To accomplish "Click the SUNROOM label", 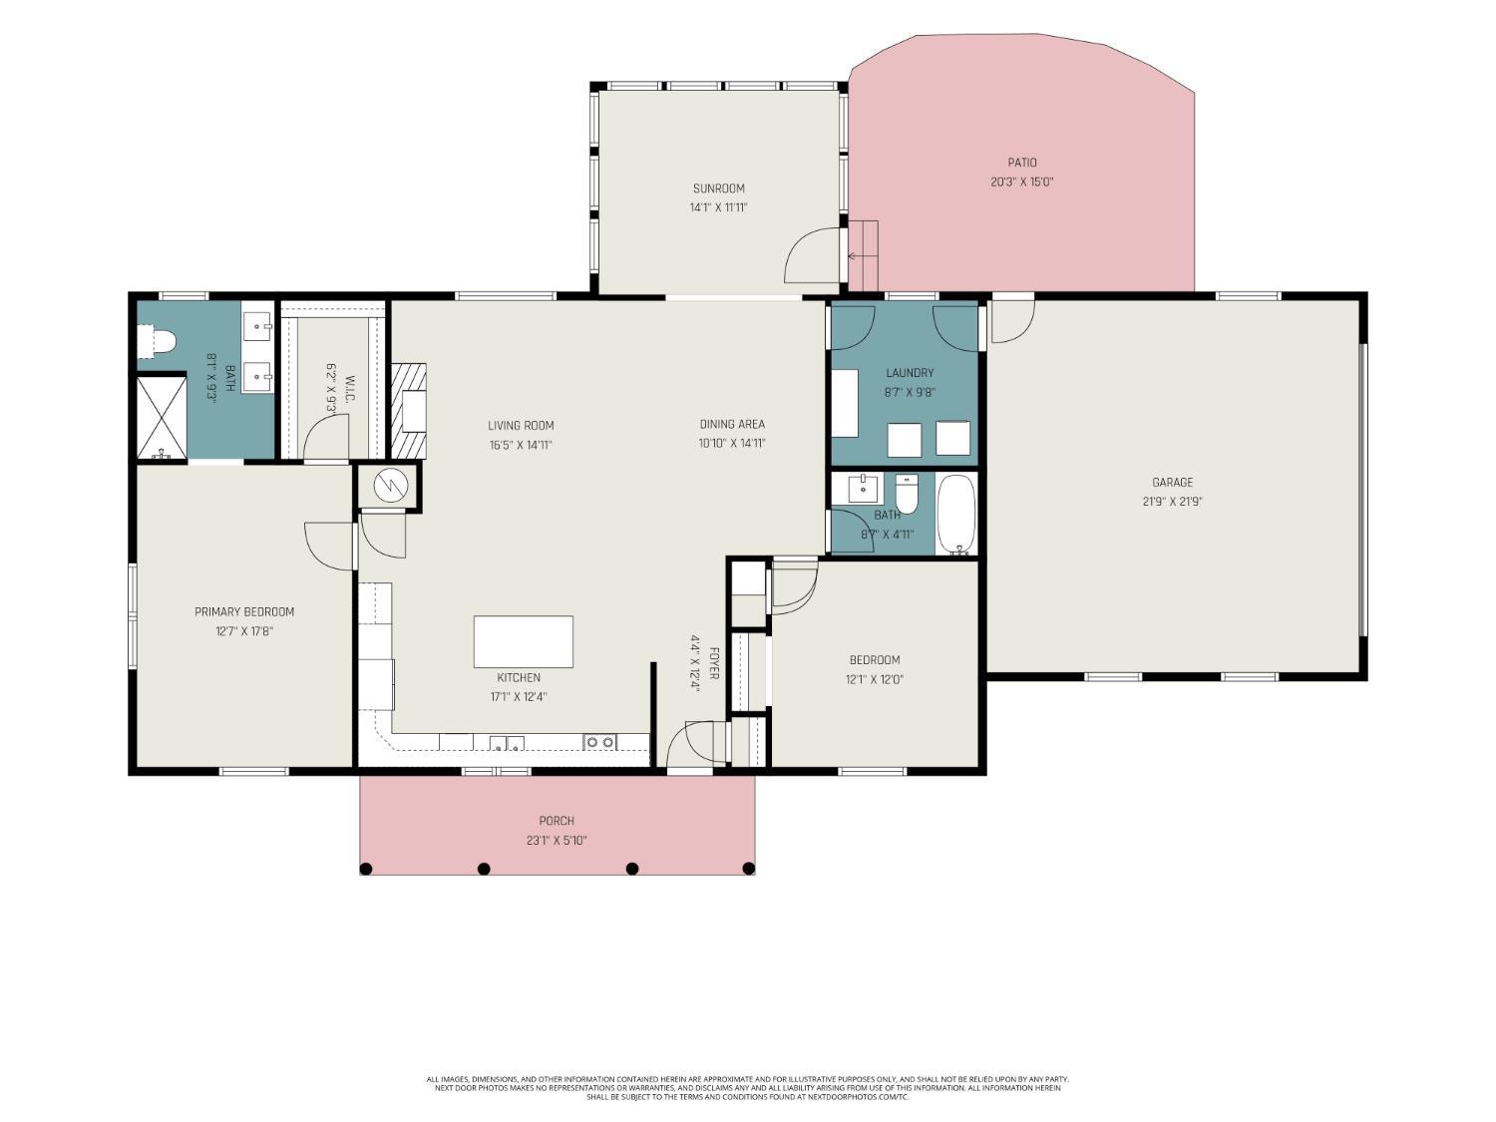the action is (x=718, y=188).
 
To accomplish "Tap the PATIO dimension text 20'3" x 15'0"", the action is (x=1021, y=182).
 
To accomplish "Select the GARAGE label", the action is (x=1172, y=483).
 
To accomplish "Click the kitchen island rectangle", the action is (x=523, y=641).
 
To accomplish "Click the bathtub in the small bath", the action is (x=956, y=515).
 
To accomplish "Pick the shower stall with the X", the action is (x=162, y=417).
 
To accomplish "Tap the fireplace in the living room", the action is (x=409, y=411).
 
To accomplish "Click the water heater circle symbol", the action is (x=391, y=485).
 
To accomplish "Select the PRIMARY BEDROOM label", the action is (x=244, y=611).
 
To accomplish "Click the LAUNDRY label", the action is (x=910, y=373).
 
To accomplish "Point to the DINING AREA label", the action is (x=732, y=424).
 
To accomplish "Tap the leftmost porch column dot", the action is (x=366, y=869).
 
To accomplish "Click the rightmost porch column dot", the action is (x=748, y=869).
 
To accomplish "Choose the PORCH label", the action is (x=557, y=821).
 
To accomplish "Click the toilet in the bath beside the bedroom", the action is (x=908, y=494).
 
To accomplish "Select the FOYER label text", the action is (x=714, y=663).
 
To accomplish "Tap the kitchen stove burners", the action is (x=599, y=742).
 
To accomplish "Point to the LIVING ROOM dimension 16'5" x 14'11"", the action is (x=520, y=446).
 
